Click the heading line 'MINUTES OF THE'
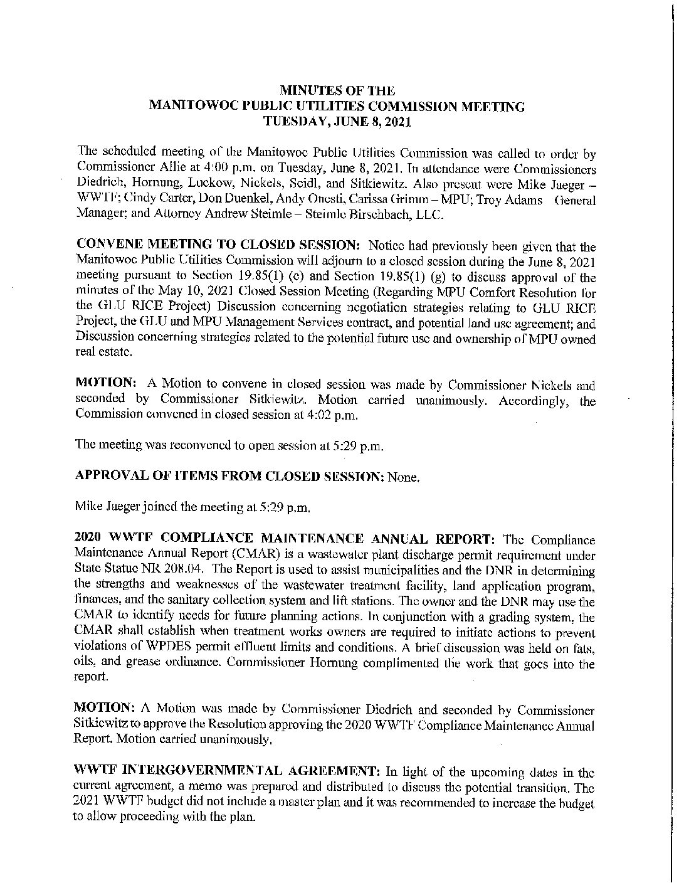pyautogui.click(x=337, y=92)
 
